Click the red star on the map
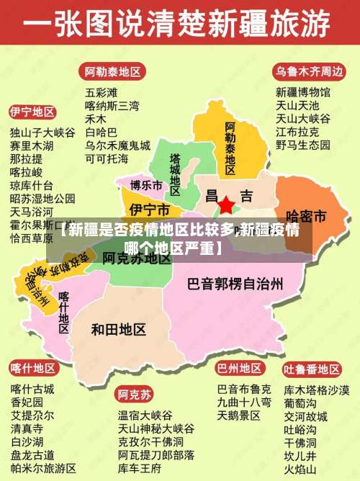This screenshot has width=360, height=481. click(226, 205)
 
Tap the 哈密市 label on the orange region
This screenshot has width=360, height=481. click(307, 216)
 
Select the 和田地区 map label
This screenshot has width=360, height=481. click(119, 330)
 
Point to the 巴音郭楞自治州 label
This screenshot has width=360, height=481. click(235, 283)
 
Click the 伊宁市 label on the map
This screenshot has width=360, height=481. click(149, 210)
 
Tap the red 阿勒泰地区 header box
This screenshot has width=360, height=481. click(112, 72)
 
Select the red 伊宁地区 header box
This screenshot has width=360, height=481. click(32, 112)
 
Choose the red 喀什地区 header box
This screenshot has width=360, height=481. click(32, 369)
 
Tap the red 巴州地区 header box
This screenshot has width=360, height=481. click(240, 369)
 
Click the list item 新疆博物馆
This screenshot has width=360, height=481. click(303, 92)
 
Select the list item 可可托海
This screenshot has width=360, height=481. click(107, 158)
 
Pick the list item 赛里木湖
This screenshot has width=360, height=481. click(32, 145)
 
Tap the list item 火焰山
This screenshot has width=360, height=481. click(300, 469)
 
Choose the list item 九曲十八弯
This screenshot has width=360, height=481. click(244, 402)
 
